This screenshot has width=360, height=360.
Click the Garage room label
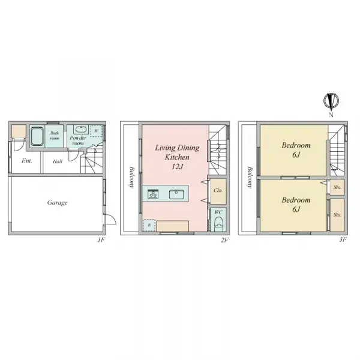(58, 203)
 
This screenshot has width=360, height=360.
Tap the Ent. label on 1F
(27, 161)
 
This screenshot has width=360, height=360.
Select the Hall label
(57, 161)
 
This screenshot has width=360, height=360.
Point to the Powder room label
(78, 140)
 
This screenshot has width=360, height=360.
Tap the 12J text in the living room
(177, 166)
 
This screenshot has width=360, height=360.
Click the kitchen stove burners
(152, 193)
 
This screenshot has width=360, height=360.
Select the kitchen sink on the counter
(176, 193)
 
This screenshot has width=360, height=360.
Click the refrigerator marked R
(149, 226)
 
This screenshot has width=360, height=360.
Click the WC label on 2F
(218, 212)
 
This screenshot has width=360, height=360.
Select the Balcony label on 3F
(249, 177)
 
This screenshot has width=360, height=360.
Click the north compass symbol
(329, 101)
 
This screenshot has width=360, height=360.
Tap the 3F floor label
(343, 240)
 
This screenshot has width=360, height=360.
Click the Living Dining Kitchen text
(177, 152)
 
